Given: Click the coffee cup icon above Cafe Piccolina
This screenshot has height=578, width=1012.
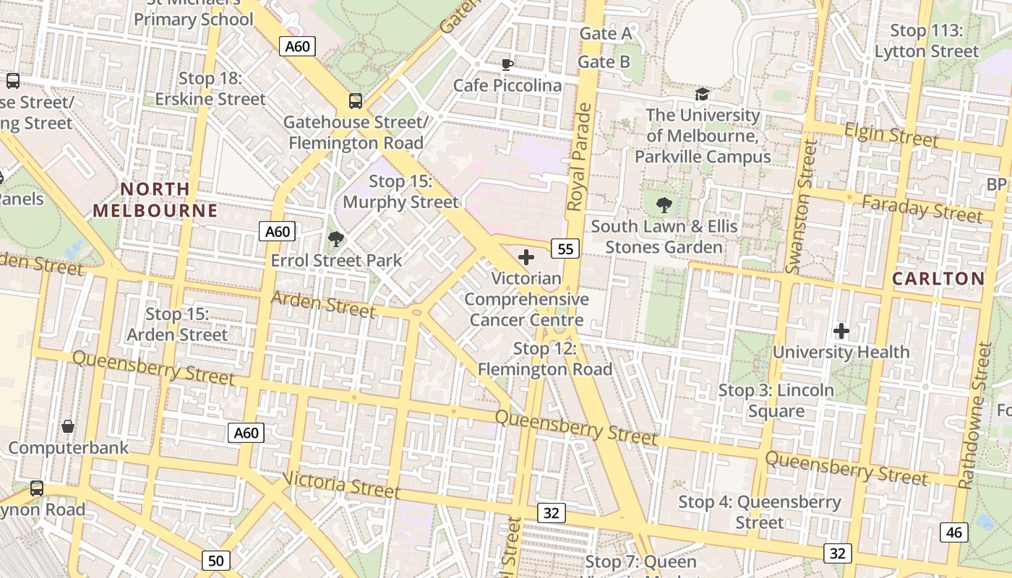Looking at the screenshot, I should (507, 64).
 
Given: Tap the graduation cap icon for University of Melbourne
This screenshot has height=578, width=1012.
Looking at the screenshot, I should (702, 95).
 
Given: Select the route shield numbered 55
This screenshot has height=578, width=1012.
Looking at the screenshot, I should (565, 249).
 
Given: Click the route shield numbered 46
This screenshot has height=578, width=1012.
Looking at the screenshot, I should (954, 532).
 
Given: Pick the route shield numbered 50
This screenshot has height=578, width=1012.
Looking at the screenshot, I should (215, 560).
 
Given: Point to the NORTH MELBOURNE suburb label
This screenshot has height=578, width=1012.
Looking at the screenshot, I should (155, 200).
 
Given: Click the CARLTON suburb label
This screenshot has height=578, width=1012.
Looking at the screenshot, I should (938, 278).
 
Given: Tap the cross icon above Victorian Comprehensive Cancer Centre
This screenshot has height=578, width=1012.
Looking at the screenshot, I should (526, 256).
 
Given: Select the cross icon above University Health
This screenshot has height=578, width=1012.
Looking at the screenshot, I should (841, 331).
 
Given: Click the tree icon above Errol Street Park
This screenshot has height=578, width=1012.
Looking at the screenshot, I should (335, 238).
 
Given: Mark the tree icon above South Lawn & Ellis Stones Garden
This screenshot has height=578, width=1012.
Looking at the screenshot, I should (664, 205).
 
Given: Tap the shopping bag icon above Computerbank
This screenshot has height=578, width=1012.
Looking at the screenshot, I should (68, 426).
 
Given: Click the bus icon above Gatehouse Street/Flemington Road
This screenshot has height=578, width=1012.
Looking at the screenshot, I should (356, 101).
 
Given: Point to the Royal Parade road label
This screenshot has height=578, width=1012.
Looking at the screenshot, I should (580, 158).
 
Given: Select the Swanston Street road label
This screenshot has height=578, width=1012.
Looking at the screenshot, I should (802, 208).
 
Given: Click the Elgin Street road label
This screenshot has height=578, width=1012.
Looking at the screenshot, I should (891, 134).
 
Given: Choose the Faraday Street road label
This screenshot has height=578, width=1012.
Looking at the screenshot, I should (922, 209).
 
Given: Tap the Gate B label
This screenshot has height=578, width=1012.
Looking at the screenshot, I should (604, 62).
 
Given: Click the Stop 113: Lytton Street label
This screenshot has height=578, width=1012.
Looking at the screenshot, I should (927, 41).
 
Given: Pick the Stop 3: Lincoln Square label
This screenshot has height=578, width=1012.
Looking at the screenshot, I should (776, 401).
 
